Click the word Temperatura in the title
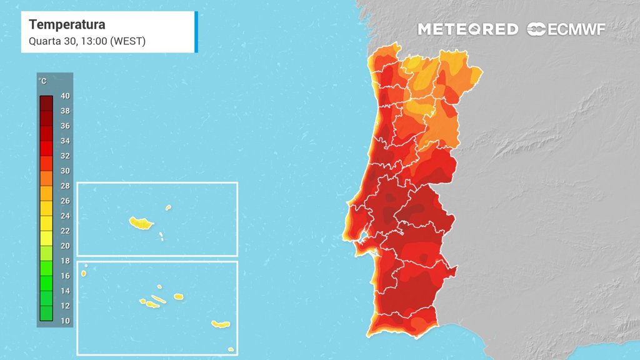[x=67, y=25]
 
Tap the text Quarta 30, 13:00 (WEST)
[x=87, y=41]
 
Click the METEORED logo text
[x=467, y=29]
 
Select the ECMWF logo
[x=566, y=29]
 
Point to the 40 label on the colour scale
[x=65, y=96]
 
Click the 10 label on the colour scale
[x=65, y=321]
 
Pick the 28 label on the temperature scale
[x=65, y=186]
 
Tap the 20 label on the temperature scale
[x=65, y=246]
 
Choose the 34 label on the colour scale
[x=65, y=141]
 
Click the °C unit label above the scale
[x=42, y=82]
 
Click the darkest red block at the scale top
[x=46, y=103]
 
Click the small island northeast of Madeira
[x=168, y=207]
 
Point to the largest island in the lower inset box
[x=221, y=324]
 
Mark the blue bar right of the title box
[x=196, y=32]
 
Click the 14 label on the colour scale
[x=65, y=291]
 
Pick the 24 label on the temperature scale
[x=65, y=216]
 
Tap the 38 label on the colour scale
[x=65, y=111]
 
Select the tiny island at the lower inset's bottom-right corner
[x=231, y=349]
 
